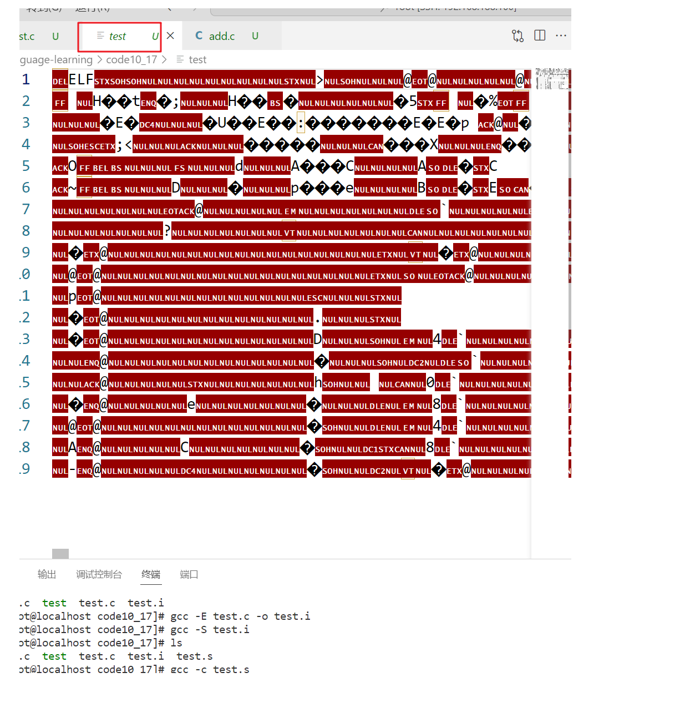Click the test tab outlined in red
[x=118, y=37]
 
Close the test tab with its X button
[x=170, y=36]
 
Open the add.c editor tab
[x=222, y=36]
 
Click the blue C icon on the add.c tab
[x=199, y=36]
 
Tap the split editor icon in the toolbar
[x=540, y=36]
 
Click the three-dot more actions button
[x=561, y=36]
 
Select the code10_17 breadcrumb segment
[x=131, y=59]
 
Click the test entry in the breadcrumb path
[x=197, y=59]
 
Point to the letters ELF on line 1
[x=81, y=79]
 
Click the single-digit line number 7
[x=26, y=209]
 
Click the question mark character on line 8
[x=167, y=231]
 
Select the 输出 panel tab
[x=47, y=574]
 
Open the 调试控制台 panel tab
[x=99, y=574]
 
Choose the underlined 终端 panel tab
[x=151, y=574]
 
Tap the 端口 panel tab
[x=189, y=574]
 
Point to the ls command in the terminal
[x=176, y=643]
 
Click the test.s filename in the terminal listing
[x=194, y=656]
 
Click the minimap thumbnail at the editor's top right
[x=552, y=79]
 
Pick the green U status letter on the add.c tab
[x=255, y=36]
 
